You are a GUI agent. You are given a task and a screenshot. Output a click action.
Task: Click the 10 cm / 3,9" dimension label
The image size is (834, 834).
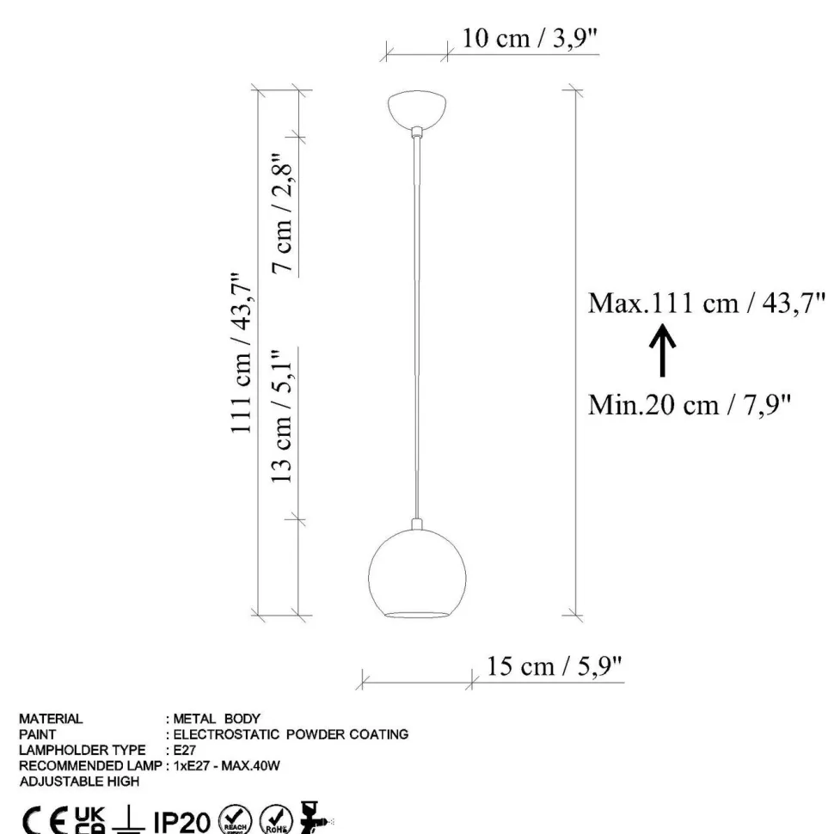pos(530,39)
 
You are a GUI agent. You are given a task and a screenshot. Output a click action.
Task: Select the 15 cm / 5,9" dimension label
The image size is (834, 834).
pos(554,666)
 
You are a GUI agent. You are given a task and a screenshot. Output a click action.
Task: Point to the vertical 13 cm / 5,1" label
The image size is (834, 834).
pos(282,416)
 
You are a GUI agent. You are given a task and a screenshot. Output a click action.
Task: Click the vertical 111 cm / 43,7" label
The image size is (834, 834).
pos(241,353)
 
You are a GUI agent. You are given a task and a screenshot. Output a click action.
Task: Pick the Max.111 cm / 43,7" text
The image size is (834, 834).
pos(707,304)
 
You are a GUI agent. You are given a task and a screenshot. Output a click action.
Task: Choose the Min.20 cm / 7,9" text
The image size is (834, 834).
pos(690,405)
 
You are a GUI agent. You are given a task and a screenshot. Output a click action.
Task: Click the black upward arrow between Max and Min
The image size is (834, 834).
pos(662,351)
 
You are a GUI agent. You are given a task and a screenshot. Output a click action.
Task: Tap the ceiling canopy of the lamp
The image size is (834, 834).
pos(417,109)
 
